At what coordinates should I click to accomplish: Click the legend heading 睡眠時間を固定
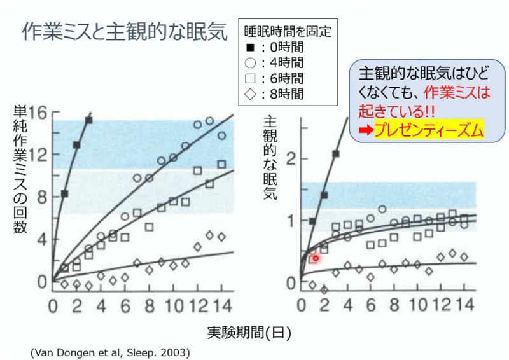click(x=288, y=30)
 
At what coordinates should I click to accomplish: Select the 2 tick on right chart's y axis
click(x=291, y=158)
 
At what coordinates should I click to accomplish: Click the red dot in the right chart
click(x=315, y=258)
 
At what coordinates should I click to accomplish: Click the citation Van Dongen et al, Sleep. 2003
click(x=110, y=351)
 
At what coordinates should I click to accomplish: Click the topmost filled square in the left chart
click(x=88, y=120)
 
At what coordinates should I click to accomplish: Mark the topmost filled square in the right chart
click(x=336, y=154)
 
